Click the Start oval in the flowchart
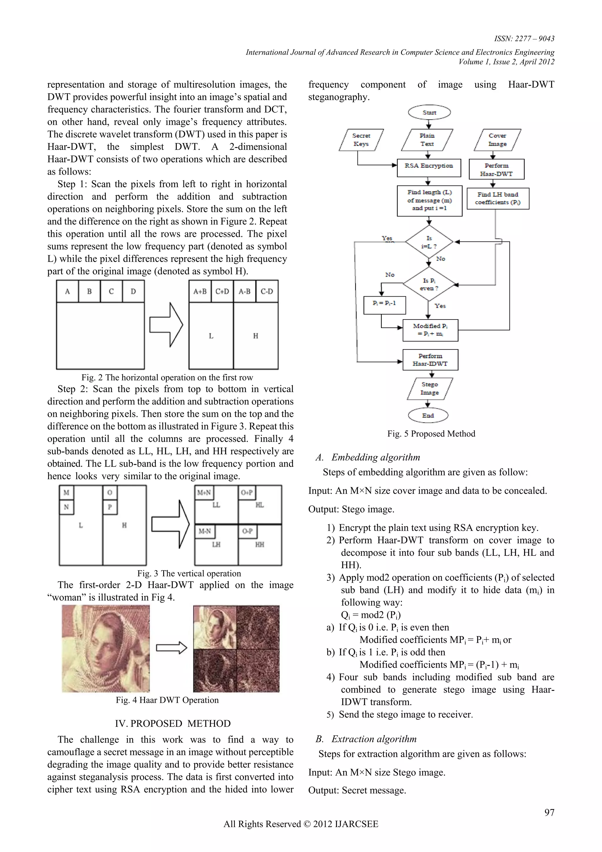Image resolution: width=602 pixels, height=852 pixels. click(429, 112)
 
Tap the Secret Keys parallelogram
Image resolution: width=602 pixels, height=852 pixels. click(361, 140)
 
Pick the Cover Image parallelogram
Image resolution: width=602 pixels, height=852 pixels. click(497, 140)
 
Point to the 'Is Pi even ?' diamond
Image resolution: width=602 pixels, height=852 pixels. click(429, 284)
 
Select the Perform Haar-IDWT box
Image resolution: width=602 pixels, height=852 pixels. click(430, 360)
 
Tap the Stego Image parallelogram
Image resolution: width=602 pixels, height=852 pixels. click(430, 389)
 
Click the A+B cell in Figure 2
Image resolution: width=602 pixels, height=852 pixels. click(200, 291)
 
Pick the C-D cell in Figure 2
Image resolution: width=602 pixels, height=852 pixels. click(267, 291)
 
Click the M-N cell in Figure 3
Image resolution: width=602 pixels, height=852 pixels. click(205, 531)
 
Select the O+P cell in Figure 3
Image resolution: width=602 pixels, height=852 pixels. click(247, 492)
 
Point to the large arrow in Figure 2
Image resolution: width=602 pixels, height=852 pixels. click(166, 325)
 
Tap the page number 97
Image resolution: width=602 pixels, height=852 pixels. click(549, 813)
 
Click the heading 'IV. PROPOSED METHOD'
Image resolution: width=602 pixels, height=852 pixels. click(173, 724)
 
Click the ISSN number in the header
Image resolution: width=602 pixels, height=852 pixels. click(524, 39)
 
